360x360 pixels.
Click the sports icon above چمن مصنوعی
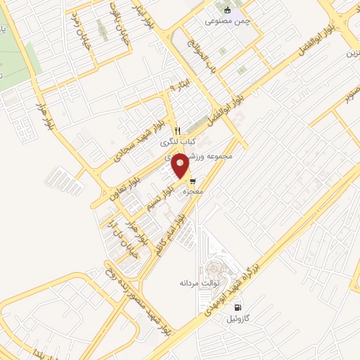click(x=226, y=10)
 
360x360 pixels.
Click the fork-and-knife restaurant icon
click(x=176, y=130)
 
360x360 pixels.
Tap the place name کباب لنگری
click(x=179, y=141)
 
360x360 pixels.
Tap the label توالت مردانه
click(x=199, y=283)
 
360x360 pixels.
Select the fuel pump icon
click(x=237, y=308)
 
